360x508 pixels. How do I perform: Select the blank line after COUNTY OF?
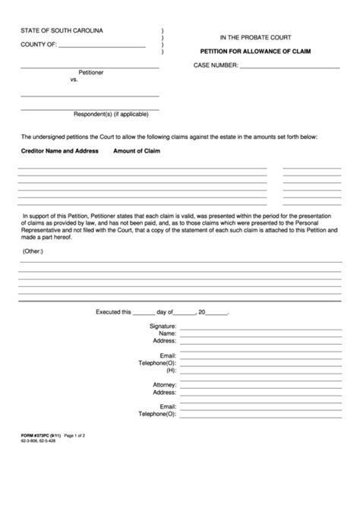coord(102,48)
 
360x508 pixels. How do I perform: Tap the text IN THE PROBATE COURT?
coord(255,36)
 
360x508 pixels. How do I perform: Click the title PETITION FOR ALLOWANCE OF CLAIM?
coord(254,51)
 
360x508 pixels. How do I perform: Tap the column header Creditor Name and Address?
coord(60,151)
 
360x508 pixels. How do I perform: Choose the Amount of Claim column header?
coord(137,151)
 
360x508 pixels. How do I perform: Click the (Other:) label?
coord(33,250)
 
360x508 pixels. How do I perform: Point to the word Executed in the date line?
coord(113,311)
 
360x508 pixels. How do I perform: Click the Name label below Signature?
coord(167,333)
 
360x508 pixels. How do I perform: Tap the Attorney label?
coord(164,385)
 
